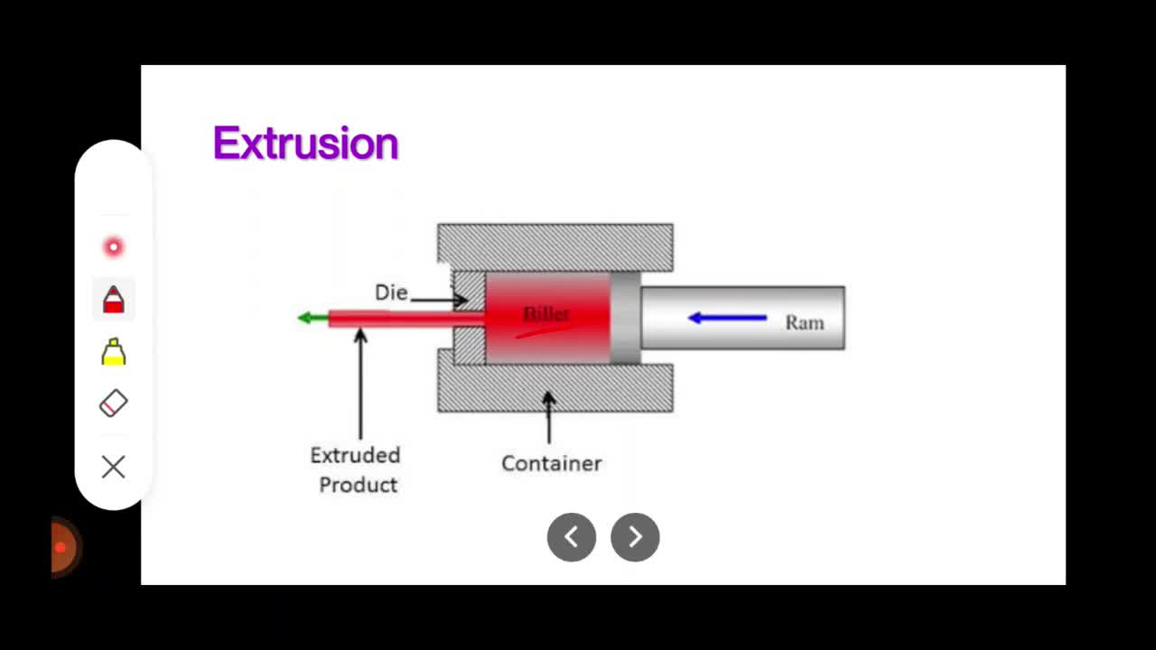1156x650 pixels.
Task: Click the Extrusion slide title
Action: pyautogui.click(x=305, y=143)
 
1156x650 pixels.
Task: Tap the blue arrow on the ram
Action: pyautogui.click(x=728, y=318)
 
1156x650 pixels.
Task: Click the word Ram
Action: pyautogui.click(x=805, y=323)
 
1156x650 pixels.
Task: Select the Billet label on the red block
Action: pyautogui.click(x=546, y=313)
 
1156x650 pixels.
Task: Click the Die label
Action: pyautogui.click(x=391, y=292)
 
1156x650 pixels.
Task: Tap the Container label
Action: pyautogui.click(x=551, y=463)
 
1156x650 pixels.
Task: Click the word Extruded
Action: pyautogui.click(x=355, y=455)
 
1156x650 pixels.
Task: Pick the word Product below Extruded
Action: pyautogui.click(x=359, y=485)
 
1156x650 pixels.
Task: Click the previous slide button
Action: pyautogui.click(x=572, y=537)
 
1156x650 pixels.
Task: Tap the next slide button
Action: pyautogui.click(x=635, y=537)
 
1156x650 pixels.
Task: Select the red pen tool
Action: pyautogui.click(x=114, y=300)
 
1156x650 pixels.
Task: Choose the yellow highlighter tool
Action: pyautogui.click(x=114, y=352)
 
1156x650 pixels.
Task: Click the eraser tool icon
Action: pyautogui.click(x=114, y=403)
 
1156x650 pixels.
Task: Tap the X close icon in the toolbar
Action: pyautogui.click(x=114, y=467)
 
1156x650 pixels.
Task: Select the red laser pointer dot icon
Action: pyautogui.click(x=114, y=247)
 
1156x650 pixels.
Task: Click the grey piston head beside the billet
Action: pyautogui.click(x=626, y=318)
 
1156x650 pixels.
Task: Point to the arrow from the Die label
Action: pyautogui.click(x=439, y=300)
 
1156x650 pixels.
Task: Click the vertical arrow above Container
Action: pyautogui.click(x=549, y=417)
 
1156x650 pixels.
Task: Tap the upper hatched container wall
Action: pyautogui.click(x=555, y=247)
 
